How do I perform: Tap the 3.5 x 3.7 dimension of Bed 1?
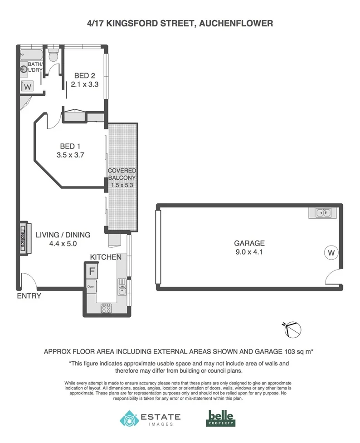[x=73, y=155]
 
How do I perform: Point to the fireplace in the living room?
[x=22, y=236]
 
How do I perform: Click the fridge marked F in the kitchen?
[x=91, y=272]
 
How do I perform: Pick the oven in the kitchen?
[x=91, y=286]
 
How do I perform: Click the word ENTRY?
[x=29, y=296]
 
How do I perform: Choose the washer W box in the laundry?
[x=28, y=86]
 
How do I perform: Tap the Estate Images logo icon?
[x=129, y=418]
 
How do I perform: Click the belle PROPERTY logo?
[x=221, y=418]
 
